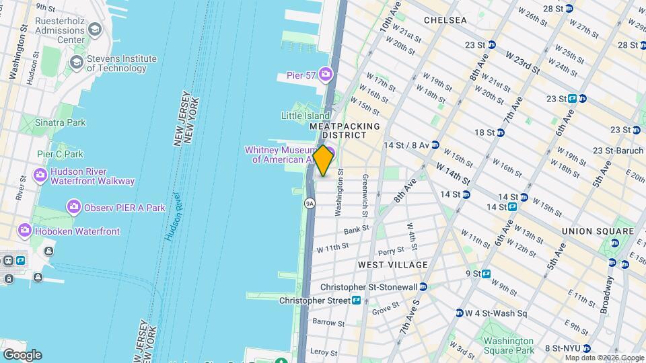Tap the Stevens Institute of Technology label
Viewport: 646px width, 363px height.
tap(116, 63)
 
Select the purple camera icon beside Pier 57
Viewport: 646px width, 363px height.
tap(326, 74)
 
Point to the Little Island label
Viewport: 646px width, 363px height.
tap(306, 116)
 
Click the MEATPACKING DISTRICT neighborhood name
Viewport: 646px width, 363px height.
tap(345, 130)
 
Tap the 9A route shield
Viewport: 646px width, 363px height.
tap(310, 202)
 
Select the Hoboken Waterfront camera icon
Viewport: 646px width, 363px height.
tap(25, 231)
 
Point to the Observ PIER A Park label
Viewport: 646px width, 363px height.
tap(124, 208)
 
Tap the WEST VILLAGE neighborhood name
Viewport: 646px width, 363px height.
tap(393, 265)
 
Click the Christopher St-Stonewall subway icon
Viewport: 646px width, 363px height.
tap(423, 287)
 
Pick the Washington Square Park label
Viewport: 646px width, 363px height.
tap(508, 345)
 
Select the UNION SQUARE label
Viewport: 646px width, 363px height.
tap(598, 231)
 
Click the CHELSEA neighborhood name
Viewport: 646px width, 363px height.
tap(445, 20)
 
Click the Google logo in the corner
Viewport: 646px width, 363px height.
tap(22, 355)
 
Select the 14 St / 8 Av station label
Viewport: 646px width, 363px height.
tap(406, 145)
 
